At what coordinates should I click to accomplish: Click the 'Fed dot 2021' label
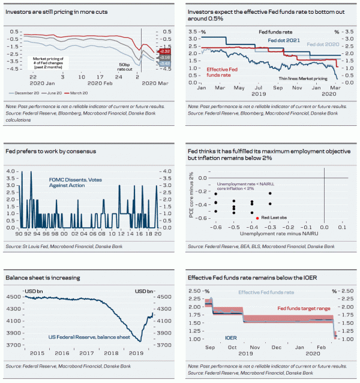coord(284,40)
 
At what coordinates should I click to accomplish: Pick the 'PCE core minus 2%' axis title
coord(192,195)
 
